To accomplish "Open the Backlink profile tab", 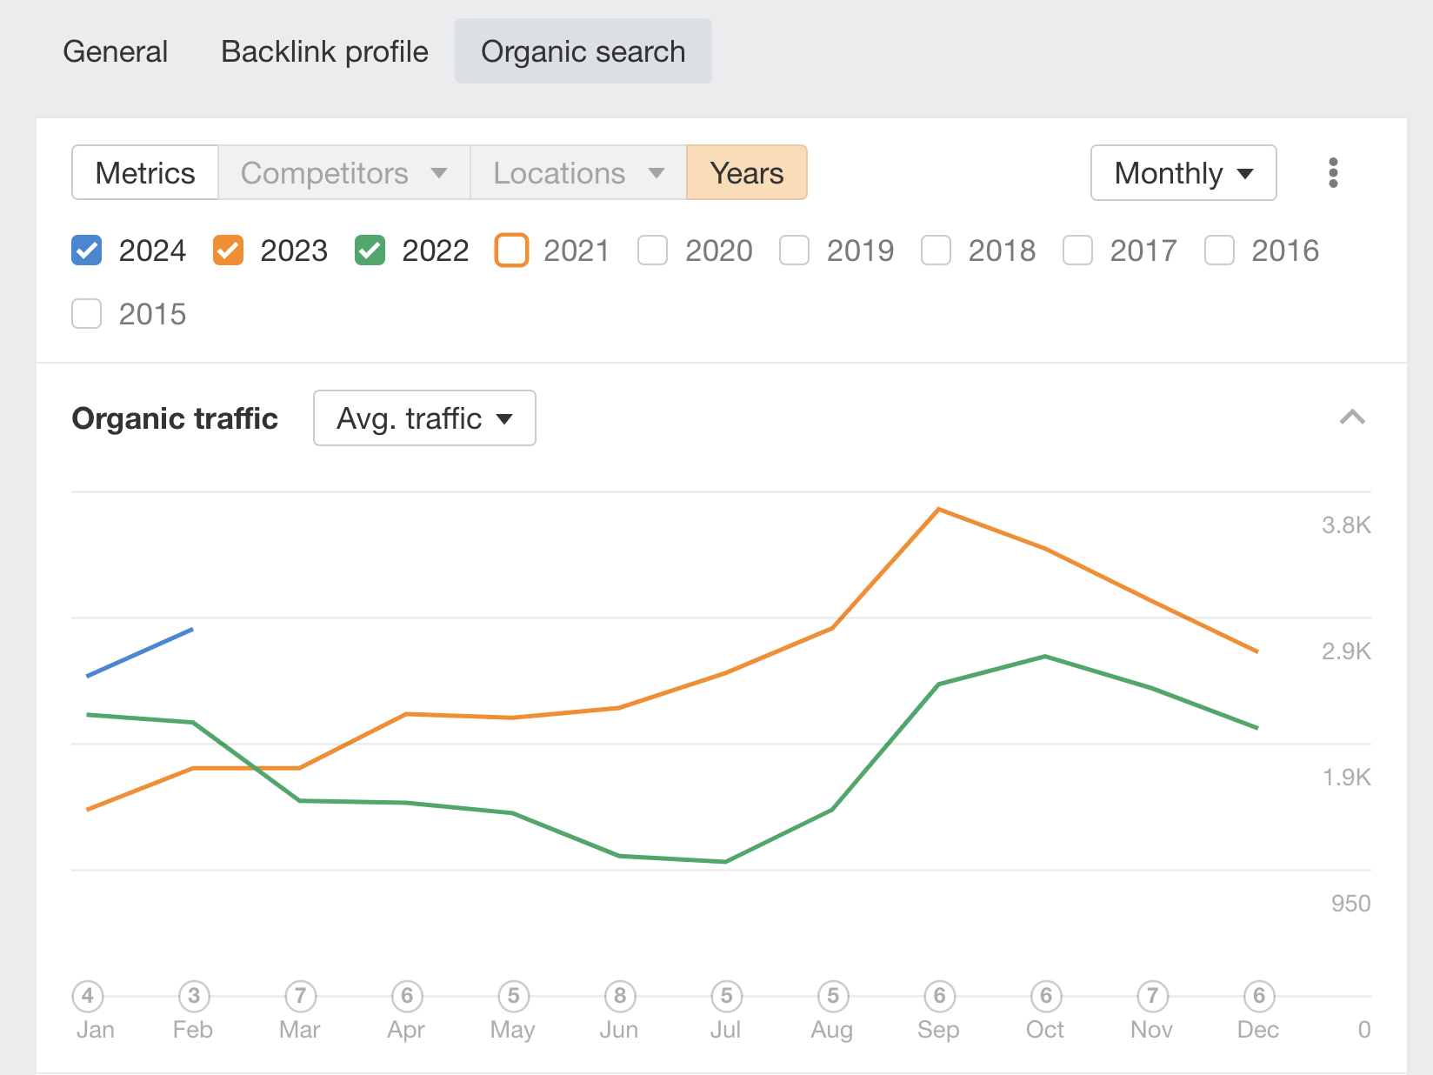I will point(324,51).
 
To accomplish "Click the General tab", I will point(116,51).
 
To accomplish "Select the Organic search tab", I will point(583,51).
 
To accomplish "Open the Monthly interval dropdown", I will point(1183,173).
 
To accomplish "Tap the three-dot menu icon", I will point(1332,173).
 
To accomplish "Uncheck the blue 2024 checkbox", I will point(87,250).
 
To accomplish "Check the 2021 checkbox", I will point(511,250).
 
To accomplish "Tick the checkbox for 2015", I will point(87,314).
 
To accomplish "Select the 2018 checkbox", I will point(936,250).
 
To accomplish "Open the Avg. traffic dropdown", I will point(424,418).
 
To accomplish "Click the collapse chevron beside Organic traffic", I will point(1351,418).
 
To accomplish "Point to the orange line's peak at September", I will point(939,509).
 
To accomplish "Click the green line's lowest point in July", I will point(725,861).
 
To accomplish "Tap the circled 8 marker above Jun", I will point(619,996).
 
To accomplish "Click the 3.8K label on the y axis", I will point(1345,525).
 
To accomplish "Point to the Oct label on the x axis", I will point(1044,1030).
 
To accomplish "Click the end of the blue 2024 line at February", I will point(192,629).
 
